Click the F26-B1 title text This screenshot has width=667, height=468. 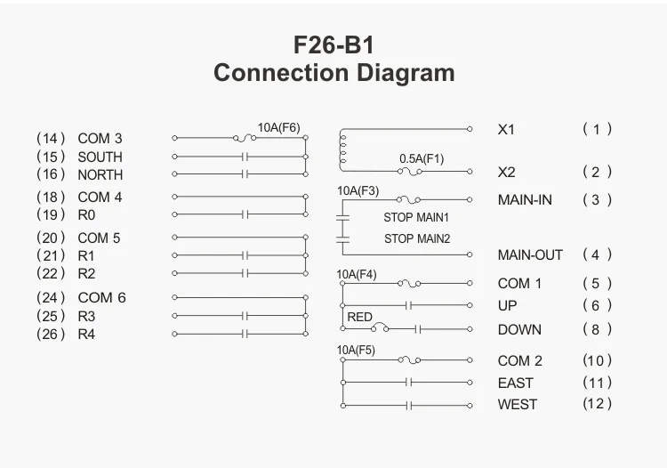pyautogui.click(x=333, y=44)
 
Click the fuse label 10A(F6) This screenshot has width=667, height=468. pyautogui.click(x=279, y=127)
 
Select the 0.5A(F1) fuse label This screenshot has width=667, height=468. pyautogui.click(x=421, y=158)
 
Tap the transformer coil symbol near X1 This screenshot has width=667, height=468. pyautogui.click(x=342, y=149)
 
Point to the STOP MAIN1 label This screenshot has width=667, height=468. pyautogui.click(x=416, y=217)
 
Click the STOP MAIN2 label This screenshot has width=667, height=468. pyautogui.click(x=416, y=238)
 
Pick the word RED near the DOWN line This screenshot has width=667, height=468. pyautogui.click(x=359, y=317)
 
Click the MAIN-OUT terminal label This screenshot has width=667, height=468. pyautogui.click(x=530, y=254)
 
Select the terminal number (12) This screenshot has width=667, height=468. pyautogui.click(x=598, y=404)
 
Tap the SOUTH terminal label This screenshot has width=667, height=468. pyautogui.click(x=100, y=157)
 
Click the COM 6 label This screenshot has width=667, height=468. pyautogui.click(x=101, y=297)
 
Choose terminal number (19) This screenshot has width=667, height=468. pyautogui.click(x=52, y=214)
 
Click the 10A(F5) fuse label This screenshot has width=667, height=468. pyautogui.click(x=356, y=350)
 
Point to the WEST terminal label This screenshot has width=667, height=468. pyautogui.click(x=517, y=404)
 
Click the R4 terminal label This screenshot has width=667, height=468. pyautogui.click(x=86, y=335)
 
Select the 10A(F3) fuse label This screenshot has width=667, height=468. pyautogui.click(x=358, y=190)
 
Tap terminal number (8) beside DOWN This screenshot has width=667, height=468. pyautogui.click(x=598, y=329)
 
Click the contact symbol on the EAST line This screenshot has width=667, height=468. pyautogui.click(x=408, y=383)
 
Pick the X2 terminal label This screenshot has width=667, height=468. pyautogui.click(x=506, y=172)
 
